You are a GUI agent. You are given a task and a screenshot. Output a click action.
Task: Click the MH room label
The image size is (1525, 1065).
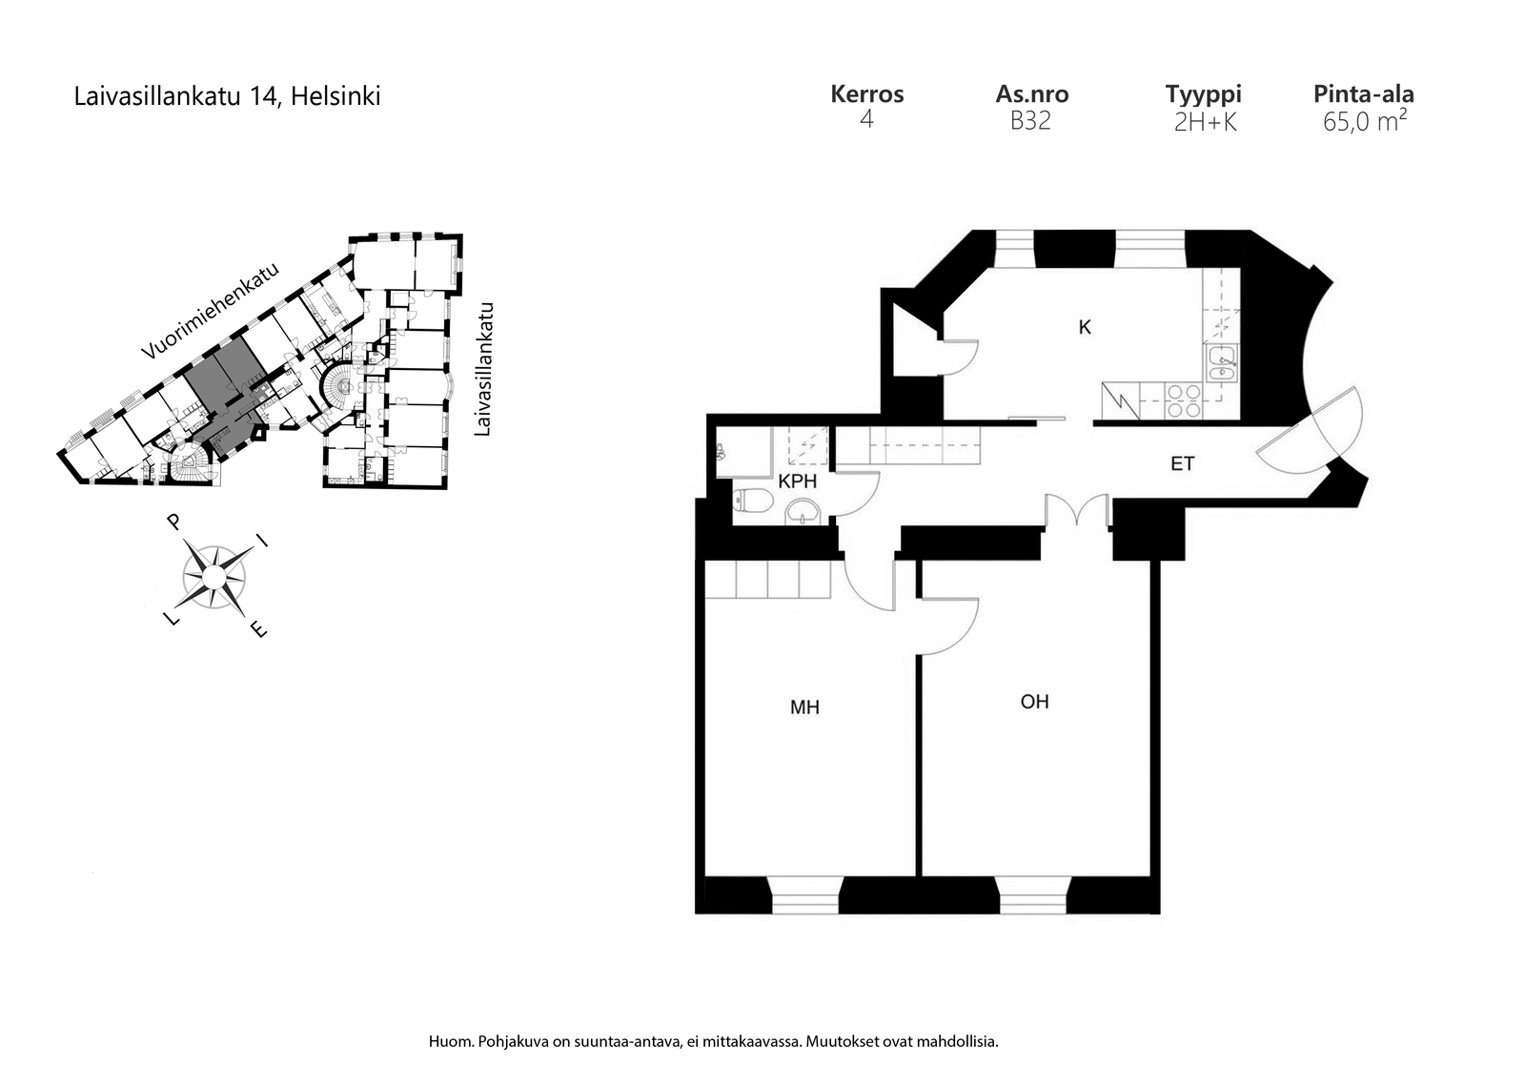click(x=804, y=707)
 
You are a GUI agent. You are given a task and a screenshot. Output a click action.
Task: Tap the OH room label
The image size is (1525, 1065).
click(x=1034, y=702)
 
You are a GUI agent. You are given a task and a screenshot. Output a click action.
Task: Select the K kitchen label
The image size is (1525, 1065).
click(x=1085, y=328)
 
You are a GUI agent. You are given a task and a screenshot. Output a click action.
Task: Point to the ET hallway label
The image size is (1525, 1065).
click(x=1182, y=463)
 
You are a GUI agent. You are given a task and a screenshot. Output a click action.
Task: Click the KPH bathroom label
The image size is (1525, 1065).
click(x=797, y=481)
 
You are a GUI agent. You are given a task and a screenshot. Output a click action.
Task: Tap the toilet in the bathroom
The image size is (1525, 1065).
click(x=753, y=502)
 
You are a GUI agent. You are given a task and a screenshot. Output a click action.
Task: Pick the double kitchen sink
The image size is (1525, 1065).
click(x=1222, y=363)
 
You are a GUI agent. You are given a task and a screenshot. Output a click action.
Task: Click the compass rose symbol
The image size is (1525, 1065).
click(x=213, y=578)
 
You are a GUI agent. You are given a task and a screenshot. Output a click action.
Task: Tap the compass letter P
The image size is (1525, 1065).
click(x=174, y=522)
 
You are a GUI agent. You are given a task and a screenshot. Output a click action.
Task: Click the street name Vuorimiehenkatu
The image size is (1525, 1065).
click(x=211, y=311)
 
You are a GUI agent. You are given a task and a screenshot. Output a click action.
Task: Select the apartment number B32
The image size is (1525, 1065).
click(x=1030, y=121)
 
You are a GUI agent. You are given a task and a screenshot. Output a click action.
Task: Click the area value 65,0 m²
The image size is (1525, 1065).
click(x=1364, y=120)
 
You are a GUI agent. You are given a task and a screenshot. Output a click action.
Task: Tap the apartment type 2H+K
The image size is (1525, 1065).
click(x=1205, y=122)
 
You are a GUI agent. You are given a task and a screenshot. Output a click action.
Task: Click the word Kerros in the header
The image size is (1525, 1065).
click(x=866, y=94)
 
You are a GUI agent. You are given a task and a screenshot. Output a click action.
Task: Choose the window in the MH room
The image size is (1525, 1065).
click(x=805, y=894)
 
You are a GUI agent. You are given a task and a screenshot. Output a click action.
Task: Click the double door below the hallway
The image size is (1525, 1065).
click(x=1077, y=511)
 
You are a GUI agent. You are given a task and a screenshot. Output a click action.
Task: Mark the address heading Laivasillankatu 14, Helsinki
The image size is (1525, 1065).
click(x=227, y=96)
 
